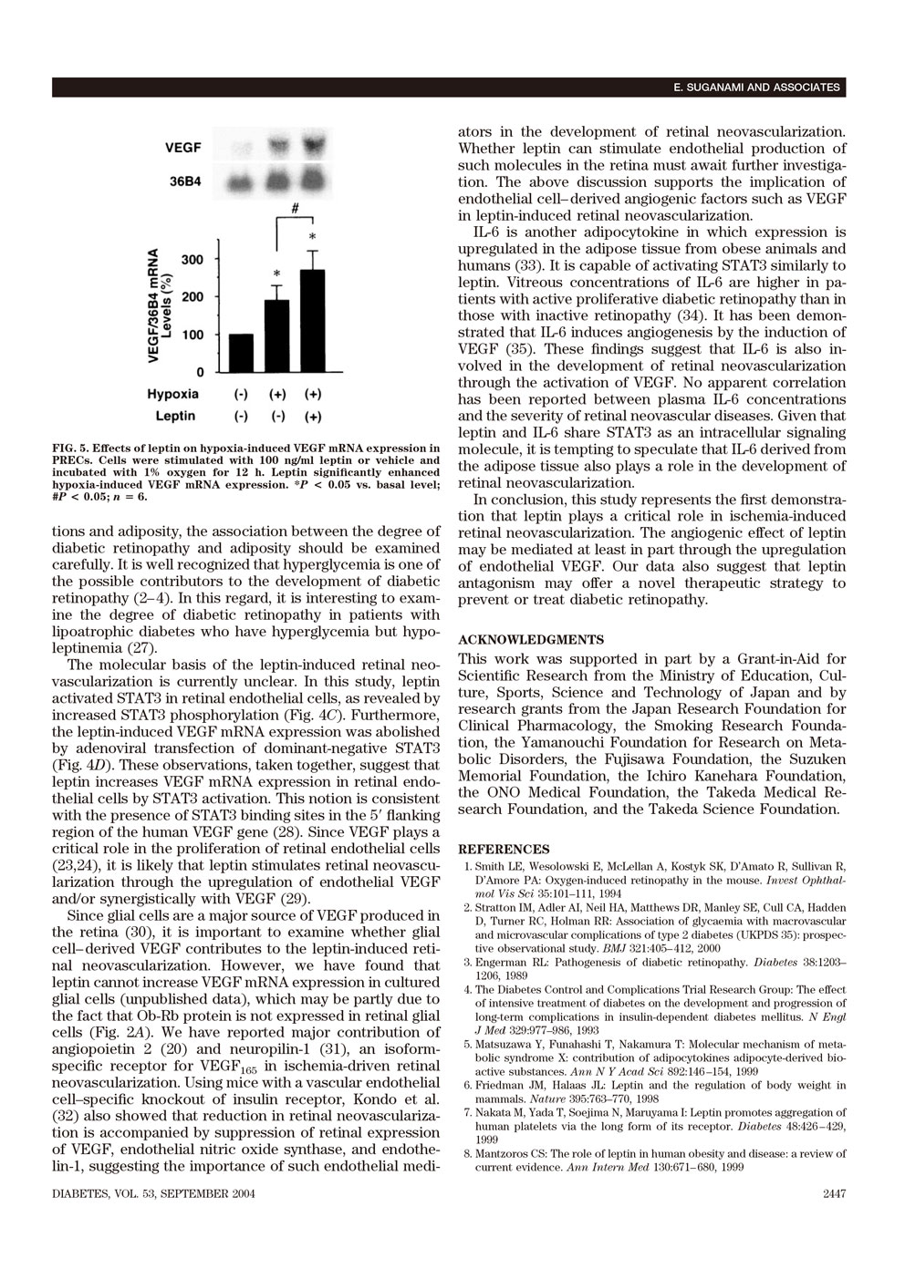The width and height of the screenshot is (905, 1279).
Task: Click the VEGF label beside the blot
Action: point(183,147)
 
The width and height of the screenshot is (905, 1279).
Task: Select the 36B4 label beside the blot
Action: point(182,181)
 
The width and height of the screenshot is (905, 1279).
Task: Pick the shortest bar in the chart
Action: point(241,353)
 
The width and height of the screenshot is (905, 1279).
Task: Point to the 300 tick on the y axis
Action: point(192,260)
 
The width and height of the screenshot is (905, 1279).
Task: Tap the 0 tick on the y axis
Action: point(199,372)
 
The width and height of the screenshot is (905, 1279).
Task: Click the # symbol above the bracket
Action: point(295,208)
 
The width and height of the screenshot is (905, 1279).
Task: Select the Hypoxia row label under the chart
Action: point(172,394)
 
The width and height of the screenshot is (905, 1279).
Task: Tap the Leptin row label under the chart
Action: point(175,416)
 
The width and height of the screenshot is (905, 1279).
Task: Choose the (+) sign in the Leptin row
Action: point(312,417)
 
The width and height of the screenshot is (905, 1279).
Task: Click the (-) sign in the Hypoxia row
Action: point(241,395)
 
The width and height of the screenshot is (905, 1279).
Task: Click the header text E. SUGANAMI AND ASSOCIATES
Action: point(756,88)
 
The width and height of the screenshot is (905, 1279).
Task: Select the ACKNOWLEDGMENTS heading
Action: point(517,639)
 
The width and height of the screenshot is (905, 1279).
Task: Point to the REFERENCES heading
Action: point(504,849)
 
